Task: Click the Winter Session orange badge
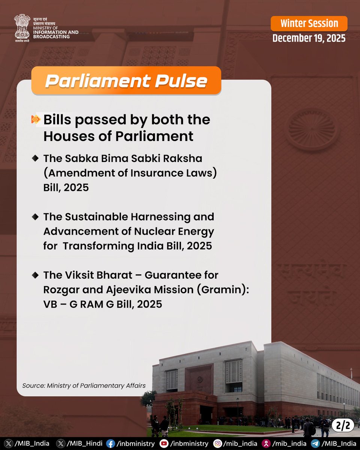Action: click(x=309, y=24)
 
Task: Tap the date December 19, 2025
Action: click(x=309, y=38)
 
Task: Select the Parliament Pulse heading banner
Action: click(x=126, y=81)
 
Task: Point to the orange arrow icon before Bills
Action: click(x=36, y=120)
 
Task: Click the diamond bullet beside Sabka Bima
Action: click(x=35, y=159)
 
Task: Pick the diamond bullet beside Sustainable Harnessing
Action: click(x=35, y=217)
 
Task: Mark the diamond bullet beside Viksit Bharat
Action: click(x=35, y=275)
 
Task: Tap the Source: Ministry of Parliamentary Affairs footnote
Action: click(x=84, y=385)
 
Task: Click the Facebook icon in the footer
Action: click(x=110, y=444)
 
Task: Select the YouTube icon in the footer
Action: click(x=163, y=444)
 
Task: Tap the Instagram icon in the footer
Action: click(x=217, y=444)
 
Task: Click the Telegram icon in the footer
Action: click(x=315, y=444)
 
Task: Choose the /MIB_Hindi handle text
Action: click(x=84, y=444)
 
